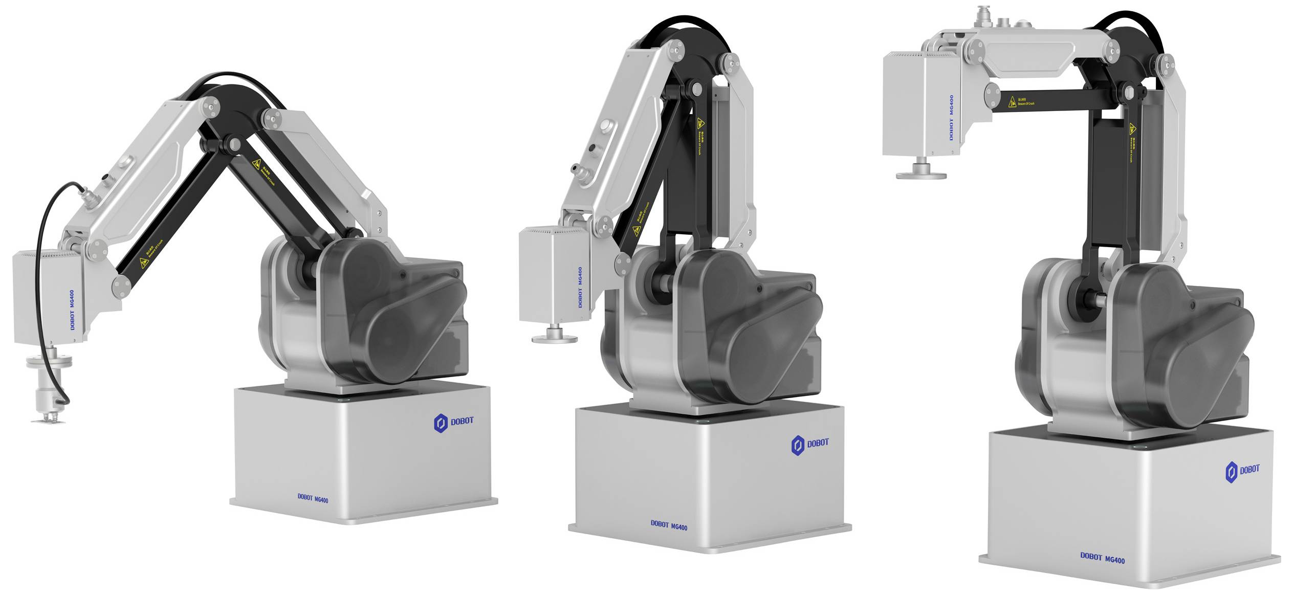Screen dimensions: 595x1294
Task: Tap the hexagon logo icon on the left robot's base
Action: click(x=441, y=424)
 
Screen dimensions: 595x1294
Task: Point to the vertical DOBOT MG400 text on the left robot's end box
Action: click(x=72, y=310)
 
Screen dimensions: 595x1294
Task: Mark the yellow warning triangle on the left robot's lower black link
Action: click(x=144, y=263)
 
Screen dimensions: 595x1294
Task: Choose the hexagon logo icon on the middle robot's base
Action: click(x=798, y=445)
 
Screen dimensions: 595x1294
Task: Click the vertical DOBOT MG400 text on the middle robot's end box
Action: click(x=580, y=287)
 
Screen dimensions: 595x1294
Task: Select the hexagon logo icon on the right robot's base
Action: click(x=1231, y=472)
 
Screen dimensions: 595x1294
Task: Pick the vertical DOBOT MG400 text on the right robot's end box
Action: click(x=951, y=117)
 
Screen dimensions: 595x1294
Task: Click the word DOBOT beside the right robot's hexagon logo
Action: click(x=1249, y=469)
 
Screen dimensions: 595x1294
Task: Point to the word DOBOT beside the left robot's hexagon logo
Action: click(x=462, y=421)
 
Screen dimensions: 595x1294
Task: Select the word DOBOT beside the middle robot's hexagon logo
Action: click(x=818, y=443)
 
